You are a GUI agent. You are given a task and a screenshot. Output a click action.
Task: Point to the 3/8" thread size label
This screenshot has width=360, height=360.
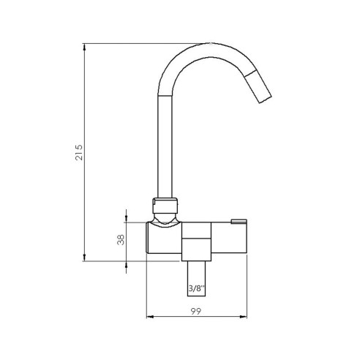(x=196, y=288)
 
